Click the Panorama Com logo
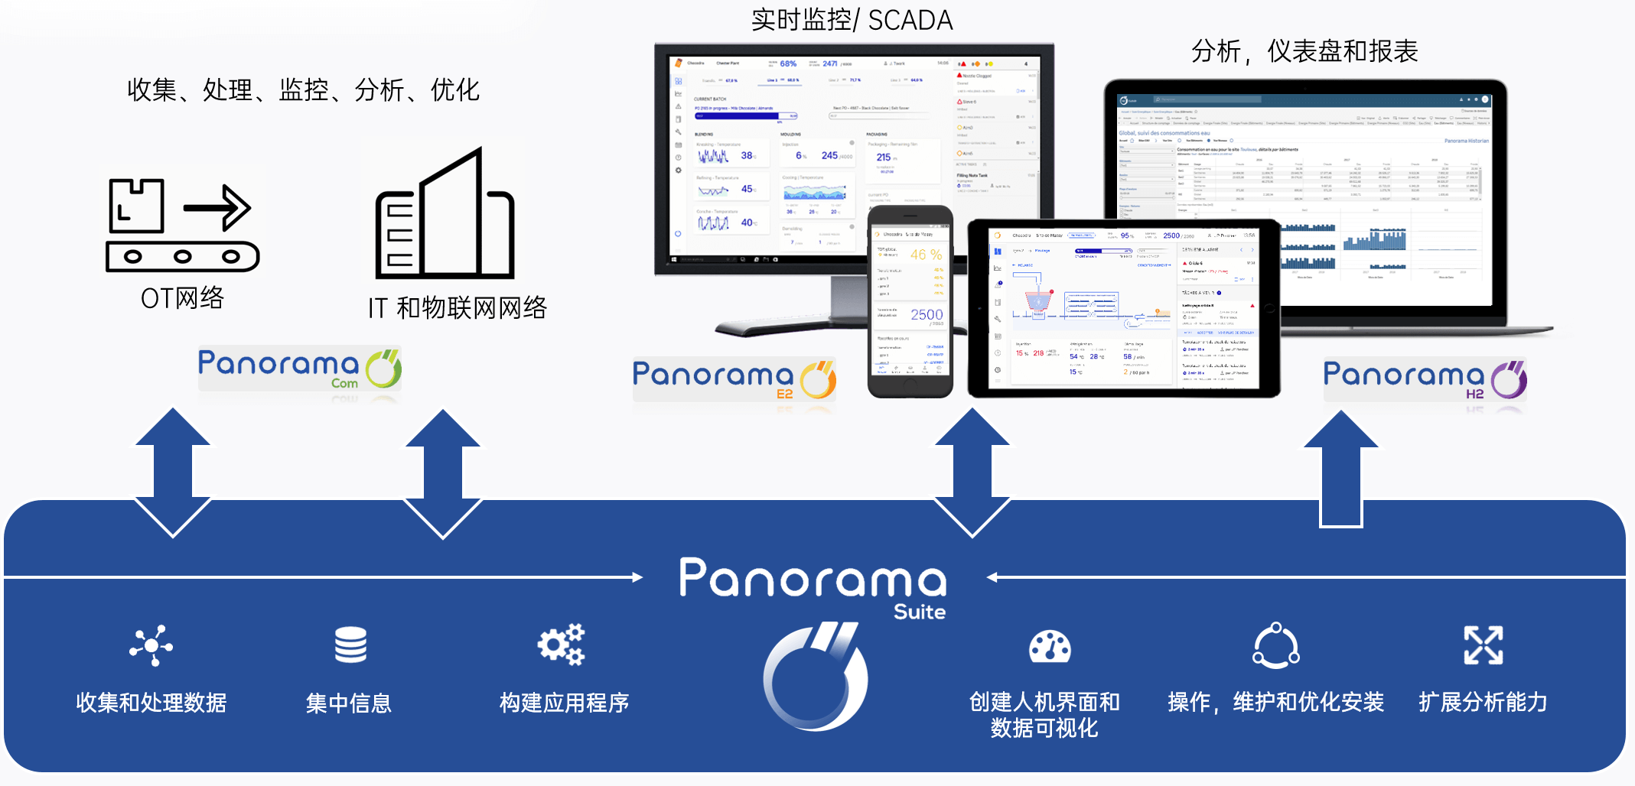299,369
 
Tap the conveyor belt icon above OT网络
182,226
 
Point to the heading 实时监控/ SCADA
852,20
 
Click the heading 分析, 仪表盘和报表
1304,51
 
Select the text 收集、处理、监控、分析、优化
303,90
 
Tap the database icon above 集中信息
350,645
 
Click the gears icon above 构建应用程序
562,645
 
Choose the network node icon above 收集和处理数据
151,646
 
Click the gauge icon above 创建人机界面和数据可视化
1050,647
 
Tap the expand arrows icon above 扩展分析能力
1483,645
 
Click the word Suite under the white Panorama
920,612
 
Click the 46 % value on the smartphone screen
926,255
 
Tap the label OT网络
182,298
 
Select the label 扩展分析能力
1483,702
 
